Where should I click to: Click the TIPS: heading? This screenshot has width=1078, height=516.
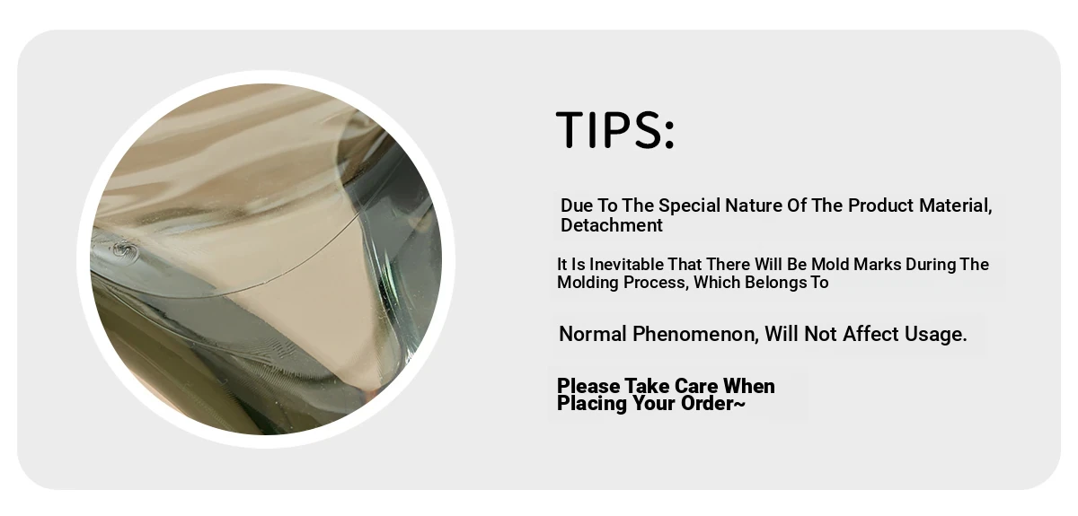[x=615, y=129]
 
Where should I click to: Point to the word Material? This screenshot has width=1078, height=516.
[x=955, y=206]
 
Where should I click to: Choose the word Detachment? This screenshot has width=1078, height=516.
[x=611, y=225]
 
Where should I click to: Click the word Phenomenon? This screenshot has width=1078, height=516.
[x=695, y=334]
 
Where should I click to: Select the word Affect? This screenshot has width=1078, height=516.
[x=870, y=334]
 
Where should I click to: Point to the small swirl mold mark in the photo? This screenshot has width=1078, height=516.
[x=126, y=251]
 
